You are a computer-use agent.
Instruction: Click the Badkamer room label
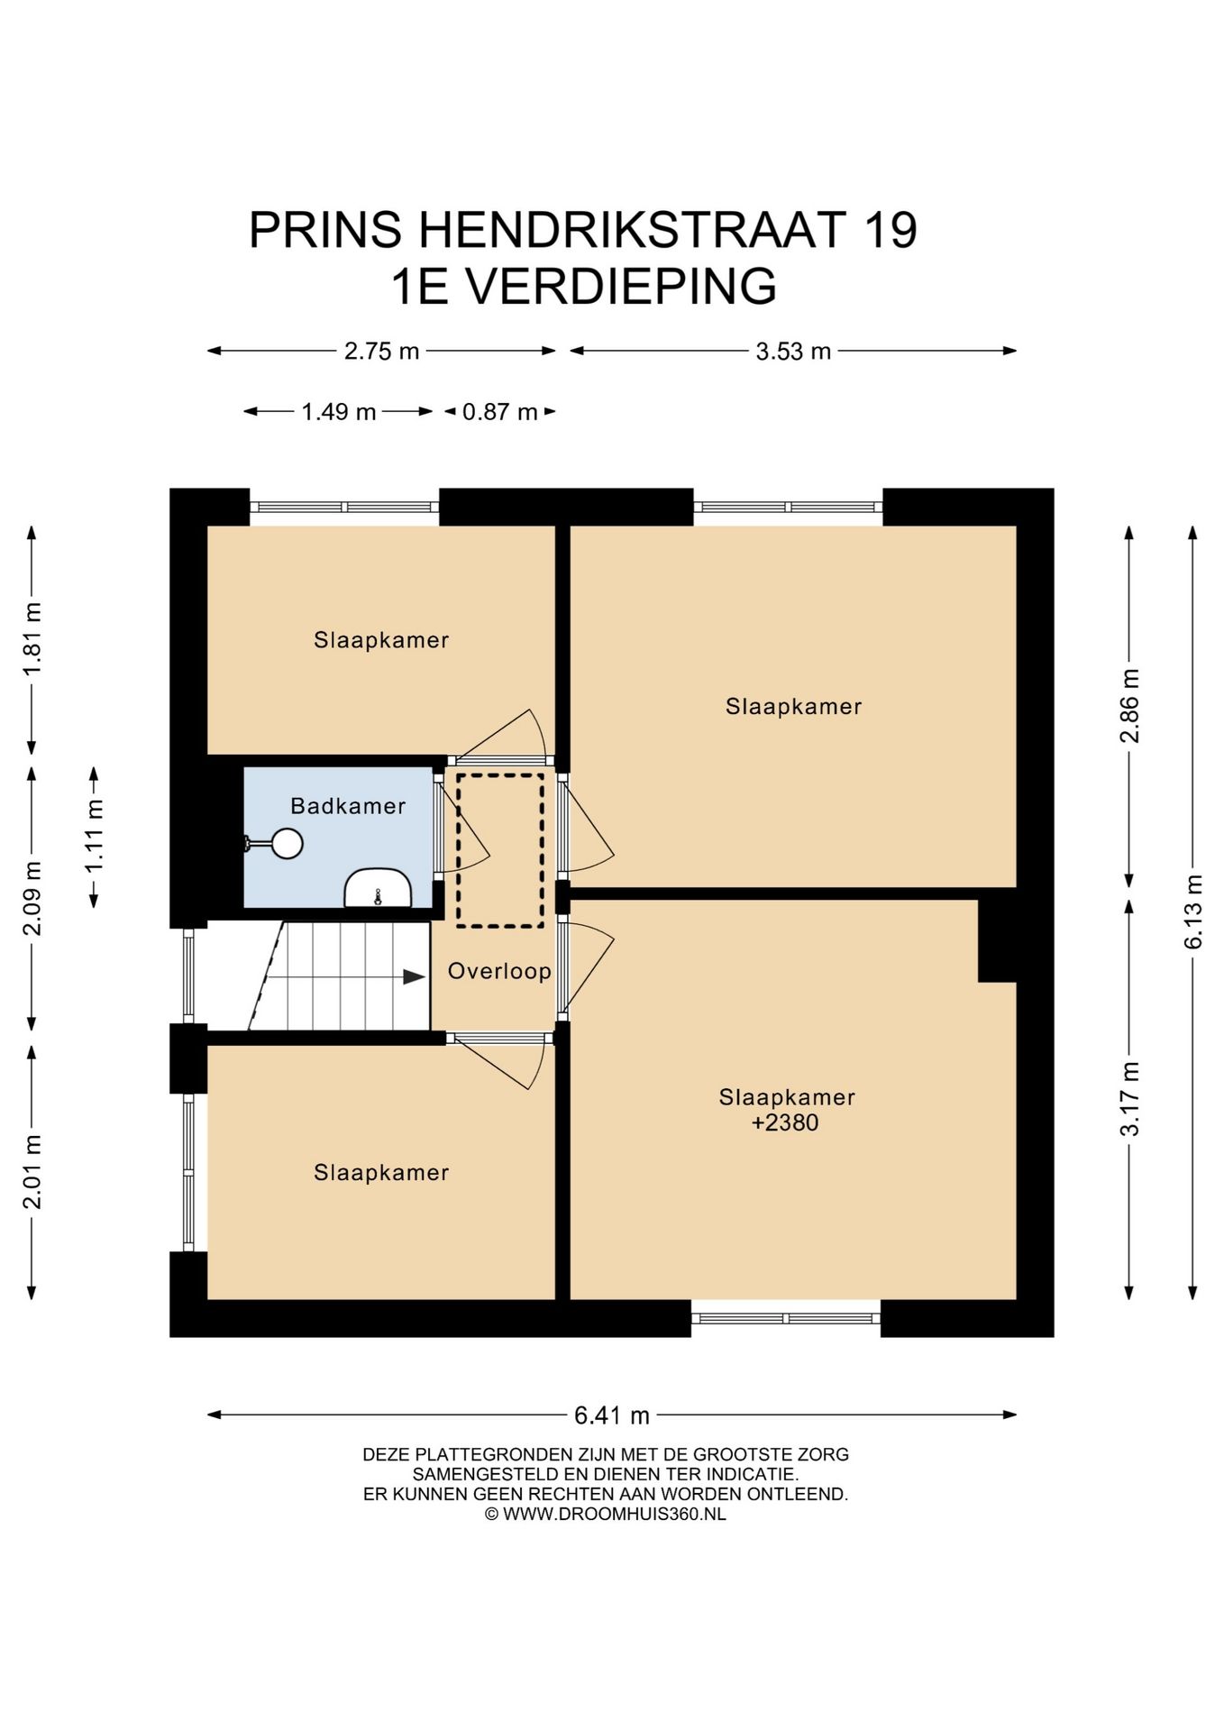coord(348,806)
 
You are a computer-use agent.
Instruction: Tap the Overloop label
coord(499,971)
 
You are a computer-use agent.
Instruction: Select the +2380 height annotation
coord(785,1122)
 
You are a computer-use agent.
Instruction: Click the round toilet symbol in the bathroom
coord(288,844)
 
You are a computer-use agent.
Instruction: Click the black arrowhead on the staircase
coord(414,976)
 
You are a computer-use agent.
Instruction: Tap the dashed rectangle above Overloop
coord(499,850)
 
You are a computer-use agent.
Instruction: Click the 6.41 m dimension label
coord(612,1415)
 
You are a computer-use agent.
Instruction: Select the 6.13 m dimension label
coord(1193,911)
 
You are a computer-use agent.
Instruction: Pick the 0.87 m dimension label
coord(499,412)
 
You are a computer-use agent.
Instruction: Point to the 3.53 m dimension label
coord(793,351)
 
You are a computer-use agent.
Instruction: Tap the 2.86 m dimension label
coord(1129,705)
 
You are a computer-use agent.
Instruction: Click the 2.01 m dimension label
coord(32,1171)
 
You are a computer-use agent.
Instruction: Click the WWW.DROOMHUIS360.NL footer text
coord(614,1514)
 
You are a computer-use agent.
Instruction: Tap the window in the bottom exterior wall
coord(785,1318)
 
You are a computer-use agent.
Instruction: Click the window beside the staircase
coord(188,975)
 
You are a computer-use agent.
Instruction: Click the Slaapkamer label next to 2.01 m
coord(381,1172)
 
